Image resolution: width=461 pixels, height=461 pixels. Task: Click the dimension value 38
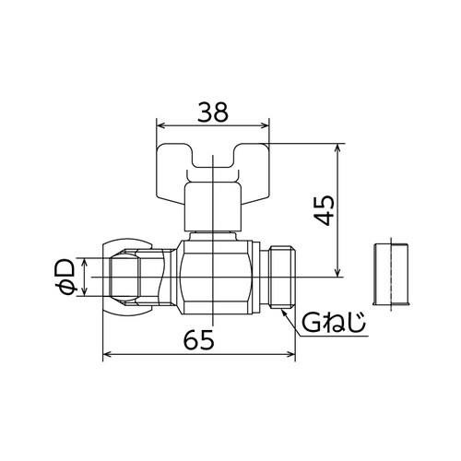(213, 112)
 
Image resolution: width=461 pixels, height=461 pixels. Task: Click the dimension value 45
(324, 210)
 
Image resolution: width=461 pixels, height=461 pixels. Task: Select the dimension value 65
(199, 340)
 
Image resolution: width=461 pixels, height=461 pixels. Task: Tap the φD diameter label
(65, 277)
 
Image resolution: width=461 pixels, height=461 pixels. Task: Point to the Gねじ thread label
(333, 323)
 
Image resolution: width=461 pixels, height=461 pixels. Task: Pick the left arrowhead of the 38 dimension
(161, 125)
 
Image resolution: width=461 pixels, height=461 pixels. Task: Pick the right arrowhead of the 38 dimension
(265, 125)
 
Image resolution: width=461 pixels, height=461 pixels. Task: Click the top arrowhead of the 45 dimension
(337, 148)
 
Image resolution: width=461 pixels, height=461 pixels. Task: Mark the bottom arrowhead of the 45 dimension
(337, 272)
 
